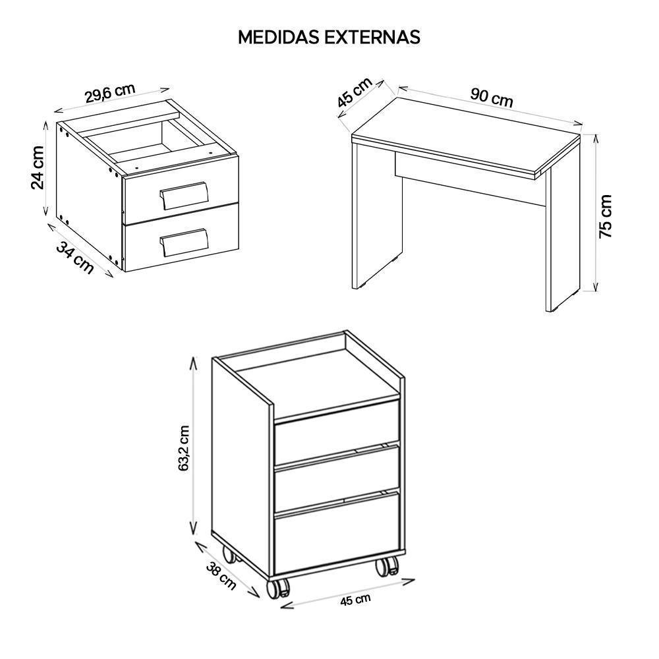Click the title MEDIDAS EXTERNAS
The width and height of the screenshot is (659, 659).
coord(329,37)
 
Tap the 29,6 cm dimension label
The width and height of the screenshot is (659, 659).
coord(110,93)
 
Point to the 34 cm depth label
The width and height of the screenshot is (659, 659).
coord(75,258)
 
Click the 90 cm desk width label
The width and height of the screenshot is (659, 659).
coord(492,98)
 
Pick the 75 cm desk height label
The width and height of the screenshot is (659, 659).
coord(605,216)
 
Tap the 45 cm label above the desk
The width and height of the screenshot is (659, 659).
coord(355,93)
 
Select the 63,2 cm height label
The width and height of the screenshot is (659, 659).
coord(184,447)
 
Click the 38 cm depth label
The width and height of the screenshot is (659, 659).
coord(221,575)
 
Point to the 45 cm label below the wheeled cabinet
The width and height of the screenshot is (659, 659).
coord(356,600)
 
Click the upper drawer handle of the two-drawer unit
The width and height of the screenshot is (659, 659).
coord(185,194)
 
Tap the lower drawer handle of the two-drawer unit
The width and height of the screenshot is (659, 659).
coord(184,242)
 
